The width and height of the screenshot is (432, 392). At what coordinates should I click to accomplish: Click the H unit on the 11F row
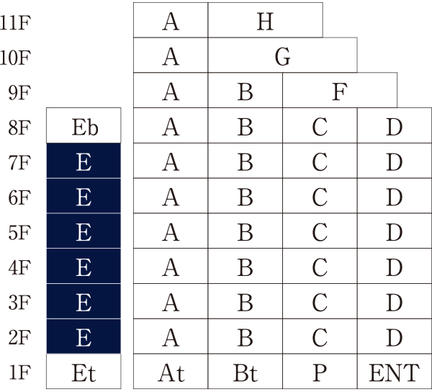(x=265, y=22)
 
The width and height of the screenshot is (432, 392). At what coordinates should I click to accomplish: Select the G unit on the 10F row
(x=282, y=57)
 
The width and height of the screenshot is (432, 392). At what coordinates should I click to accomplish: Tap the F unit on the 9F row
(x=339, y=92)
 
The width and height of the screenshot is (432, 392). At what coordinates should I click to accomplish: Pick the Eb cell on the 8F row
(x=84, y=128)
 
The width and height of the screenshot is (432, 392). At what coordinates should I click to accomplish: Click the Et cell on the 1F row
(x=84, y=373)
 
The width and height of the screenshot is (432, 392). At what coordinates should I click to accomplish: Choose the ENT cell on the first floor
(x=393, y=373)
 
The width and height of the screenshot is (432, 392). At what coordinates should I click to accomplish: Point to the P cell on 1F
(x=320, y=373)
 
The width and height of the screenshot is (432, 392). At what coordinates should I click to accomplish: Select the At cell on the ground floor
(x=171, y=373)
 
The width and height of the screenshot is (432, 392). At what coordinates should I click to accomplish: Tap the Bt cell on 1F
(x=245, y=373)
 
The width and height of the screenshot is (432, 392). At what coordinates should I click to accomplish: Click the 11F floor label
(x=16, y=22)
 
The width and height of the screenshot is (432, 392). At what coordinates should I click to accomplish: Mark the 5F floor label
(x=19, y=233)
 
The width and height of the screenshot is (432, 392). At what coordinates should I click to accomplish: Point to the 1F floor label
(x=19, y=373)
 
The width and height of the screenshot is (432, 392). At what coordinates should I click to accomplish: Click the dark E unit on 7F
(x=84, y=162)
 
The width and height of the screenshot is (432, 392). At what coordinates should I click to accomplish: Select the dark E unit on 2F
(x=84, y=337)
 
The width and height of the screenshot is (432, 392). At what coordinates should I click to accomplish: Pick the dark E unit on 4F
(x=84, y=267)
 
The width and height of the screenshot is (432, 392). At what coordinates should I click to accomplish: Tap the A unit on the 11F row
(x=171, y=22)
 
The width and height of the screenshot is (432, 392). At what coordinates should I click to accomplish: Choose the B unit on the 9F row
(x=245, y=92)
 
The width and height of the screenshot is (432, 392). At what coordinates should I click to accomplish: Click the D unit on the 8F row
(x=393, y=128)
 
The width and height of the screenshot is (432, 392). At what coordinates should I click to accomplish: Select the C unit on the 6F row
(x=320, y=197)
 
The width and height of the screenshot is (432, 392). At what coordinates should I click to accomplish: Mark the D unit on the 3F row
(x=393, y=303)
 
